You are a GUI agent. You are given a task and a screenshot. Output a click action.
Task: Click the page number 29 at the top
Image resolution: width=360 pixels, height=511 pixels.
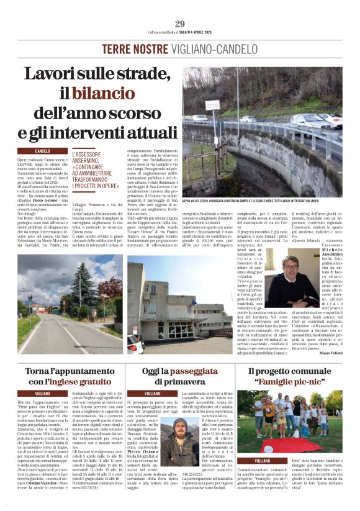coord(180,24)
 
